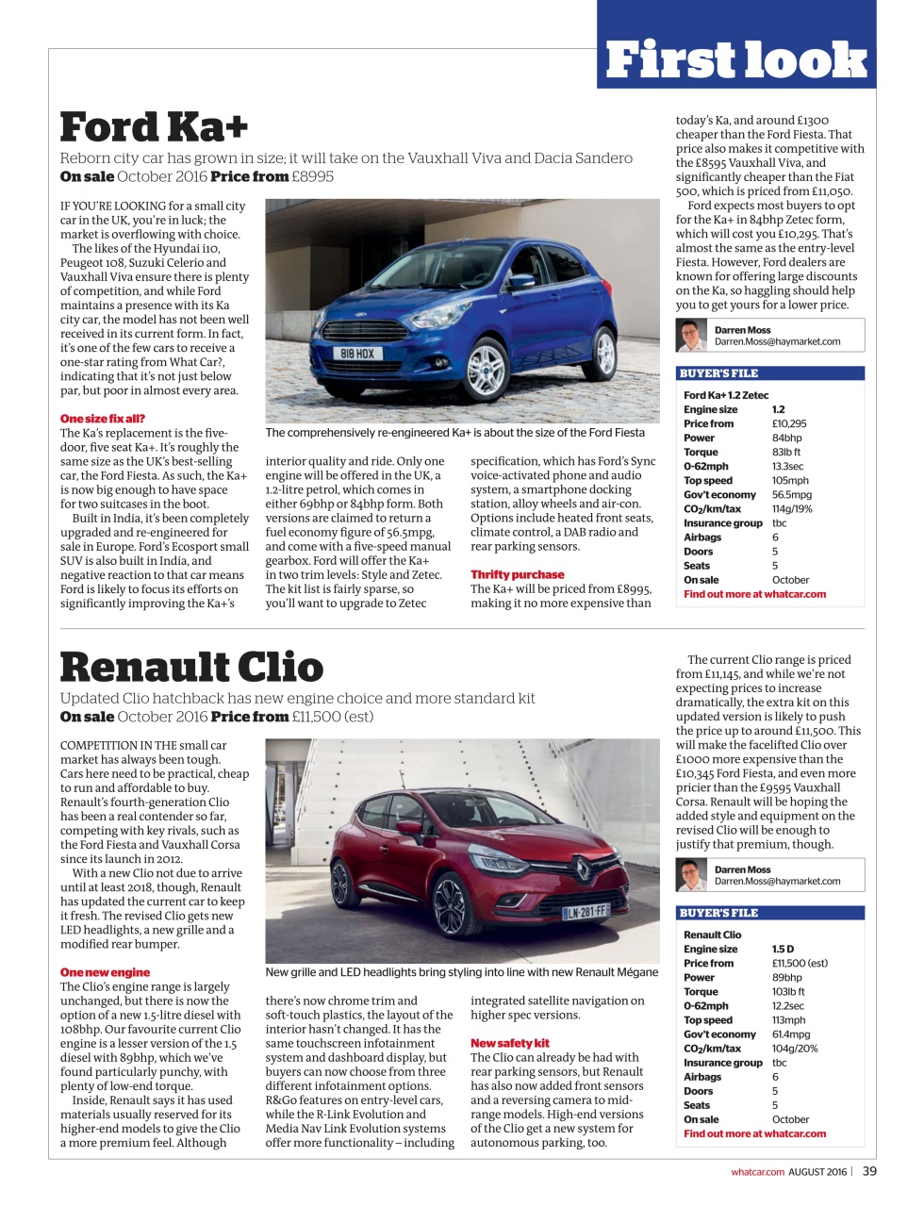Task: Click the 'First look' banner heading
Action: tap(735, 59)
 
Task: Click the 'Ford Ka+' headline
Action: tap(154, 127)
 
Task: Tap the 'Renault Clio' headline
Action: tap(191, 667)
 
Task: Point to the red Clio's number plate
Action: tap(586, 912)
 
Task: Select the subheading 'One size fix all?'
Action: tap(103, 419)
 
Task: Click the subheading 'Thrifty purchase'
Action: tap(518, 574)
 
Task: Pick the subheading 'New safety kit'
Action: tap(510, 1043)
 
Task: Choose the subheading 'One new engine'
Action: tap(105, 972)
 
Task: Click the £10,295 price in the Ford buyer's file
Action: tap(789, 424)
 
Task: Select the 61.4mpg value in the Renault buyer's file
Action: tap(791, 1034)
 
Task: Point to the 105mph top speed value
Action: tap(790, 481)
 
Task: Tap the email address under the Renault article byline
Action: tap(777, 882)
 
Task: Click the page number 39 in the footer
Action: tap(868, 1171)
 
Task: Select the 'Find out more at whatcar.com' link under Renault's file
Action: tap(754, 1133)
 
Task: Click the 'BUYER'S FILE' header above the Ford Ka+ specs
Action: tap(718, 373)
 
